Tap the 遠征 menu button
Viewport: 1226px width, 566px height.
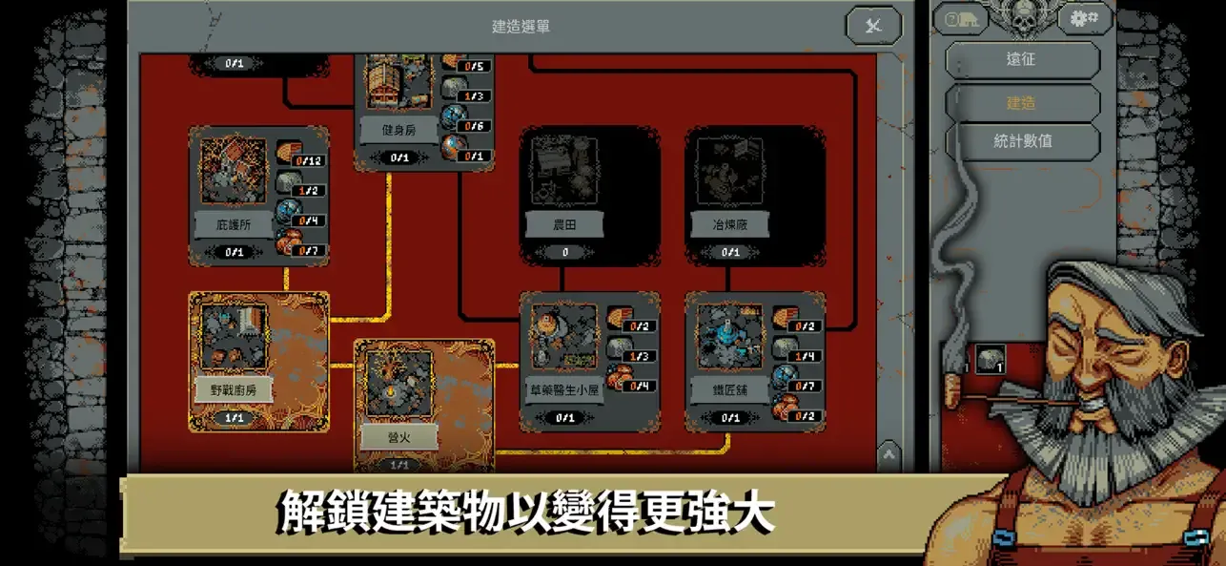[1020, 59]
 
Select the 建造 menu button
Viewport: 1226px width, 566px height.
[1020, 103]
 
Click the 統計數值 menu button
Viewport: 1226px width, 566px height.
[1020, 140]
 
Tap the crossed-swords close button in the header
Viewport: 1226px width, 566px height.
[873, 26]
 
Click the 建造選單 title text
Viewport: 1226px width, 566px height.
[520, 27]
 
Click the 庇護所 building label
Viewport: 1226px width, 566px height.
[234, 225]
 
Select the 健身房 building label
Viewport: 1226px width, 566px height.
[398, 128]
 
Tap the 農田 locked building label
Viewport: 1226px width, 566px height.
[565, 225]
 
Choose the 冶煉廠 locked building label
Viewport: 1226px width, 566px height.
[730, 225]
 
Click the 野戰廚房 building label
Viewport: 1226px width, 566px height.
[234, 389]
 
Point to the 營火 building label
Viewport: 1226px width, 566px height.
[398, 437]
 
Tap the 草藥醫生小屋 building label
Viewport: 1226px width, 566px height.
[565, 389]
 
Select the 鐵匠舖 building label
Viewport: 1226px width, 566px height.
[730, 389]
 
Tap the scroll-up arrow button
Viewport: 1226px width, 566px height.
[889, 454]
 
